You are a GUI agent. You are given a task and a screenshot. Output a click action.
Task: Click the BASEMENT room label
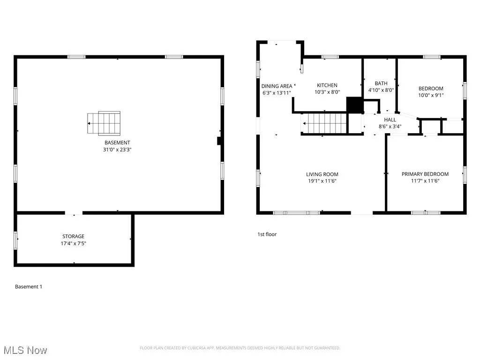(x=117, y=142)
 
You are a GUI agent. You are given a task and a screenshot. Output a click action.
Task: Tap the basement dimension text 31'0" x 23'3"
(x=117, y=150)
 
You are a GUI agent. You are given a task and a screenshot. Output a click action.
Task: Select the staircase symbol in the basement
(x=104, y=123)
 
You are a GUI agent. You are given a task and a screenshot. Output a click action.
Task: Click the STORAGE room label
(x=74, y=236)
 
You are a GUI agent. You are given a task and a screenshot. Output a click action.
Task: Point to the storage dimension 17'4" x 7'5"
(x=74, y=243)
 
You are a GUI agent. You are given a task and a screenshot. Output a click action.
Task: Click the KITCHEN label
(x=327, y=85)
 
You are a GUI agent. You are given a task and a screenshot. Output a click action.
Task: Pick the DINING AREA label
(x=277, y=86)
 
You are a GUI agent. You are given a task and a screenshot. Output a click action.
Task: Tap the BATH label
(x=381, y=83)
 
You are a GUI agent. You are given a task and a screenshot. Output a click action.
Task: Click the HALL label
(x=390, y=120)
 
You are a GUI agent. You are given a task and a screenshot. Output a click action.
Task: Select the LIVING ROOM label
(x=322, y=174)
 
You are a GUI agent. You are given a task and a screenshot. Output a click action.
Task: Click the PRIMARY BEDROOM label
(x=425, y=174)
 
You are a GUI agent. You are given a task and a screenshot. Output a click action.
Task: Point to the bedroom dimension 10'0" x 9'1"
(x=431, y=95)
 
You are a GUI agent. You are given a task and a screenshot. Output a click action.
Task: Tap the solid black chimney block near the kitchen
(x=354, y=105)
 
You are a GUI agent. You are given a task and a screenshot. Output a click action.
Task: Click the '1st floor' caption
(x=267, y=234)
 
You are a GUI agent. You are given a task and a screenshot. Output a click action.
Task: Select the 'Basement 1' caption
(x=29, y=286)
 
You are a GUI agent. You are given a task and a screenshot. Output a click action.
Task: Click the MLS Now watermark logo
(x=25, y=350)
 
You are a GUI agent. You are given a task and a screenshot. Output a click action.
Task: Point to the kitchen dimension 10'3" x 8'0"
(x=328, y=92)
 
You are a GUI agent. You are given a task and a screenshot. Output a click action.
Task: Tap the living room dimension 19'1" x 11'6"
(x=322, y=181)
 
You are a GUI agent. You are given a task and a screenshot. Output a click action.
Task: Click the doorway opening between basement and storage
(x=73, y=213)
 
